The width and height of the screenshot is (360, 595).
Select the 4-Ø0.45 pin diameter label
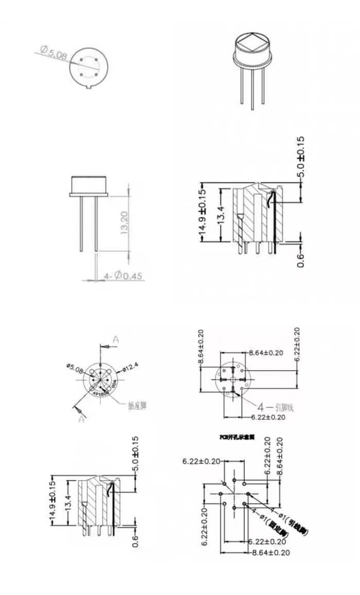[x=123, y=276]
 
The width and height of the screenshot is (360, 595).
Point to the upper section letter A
[x=116, y=339]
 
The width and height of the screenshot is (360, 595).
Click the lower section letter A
[x=81, y=419]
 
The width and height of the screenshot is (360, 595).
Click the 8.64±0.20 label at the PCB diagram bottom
[x=271, y=553]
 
